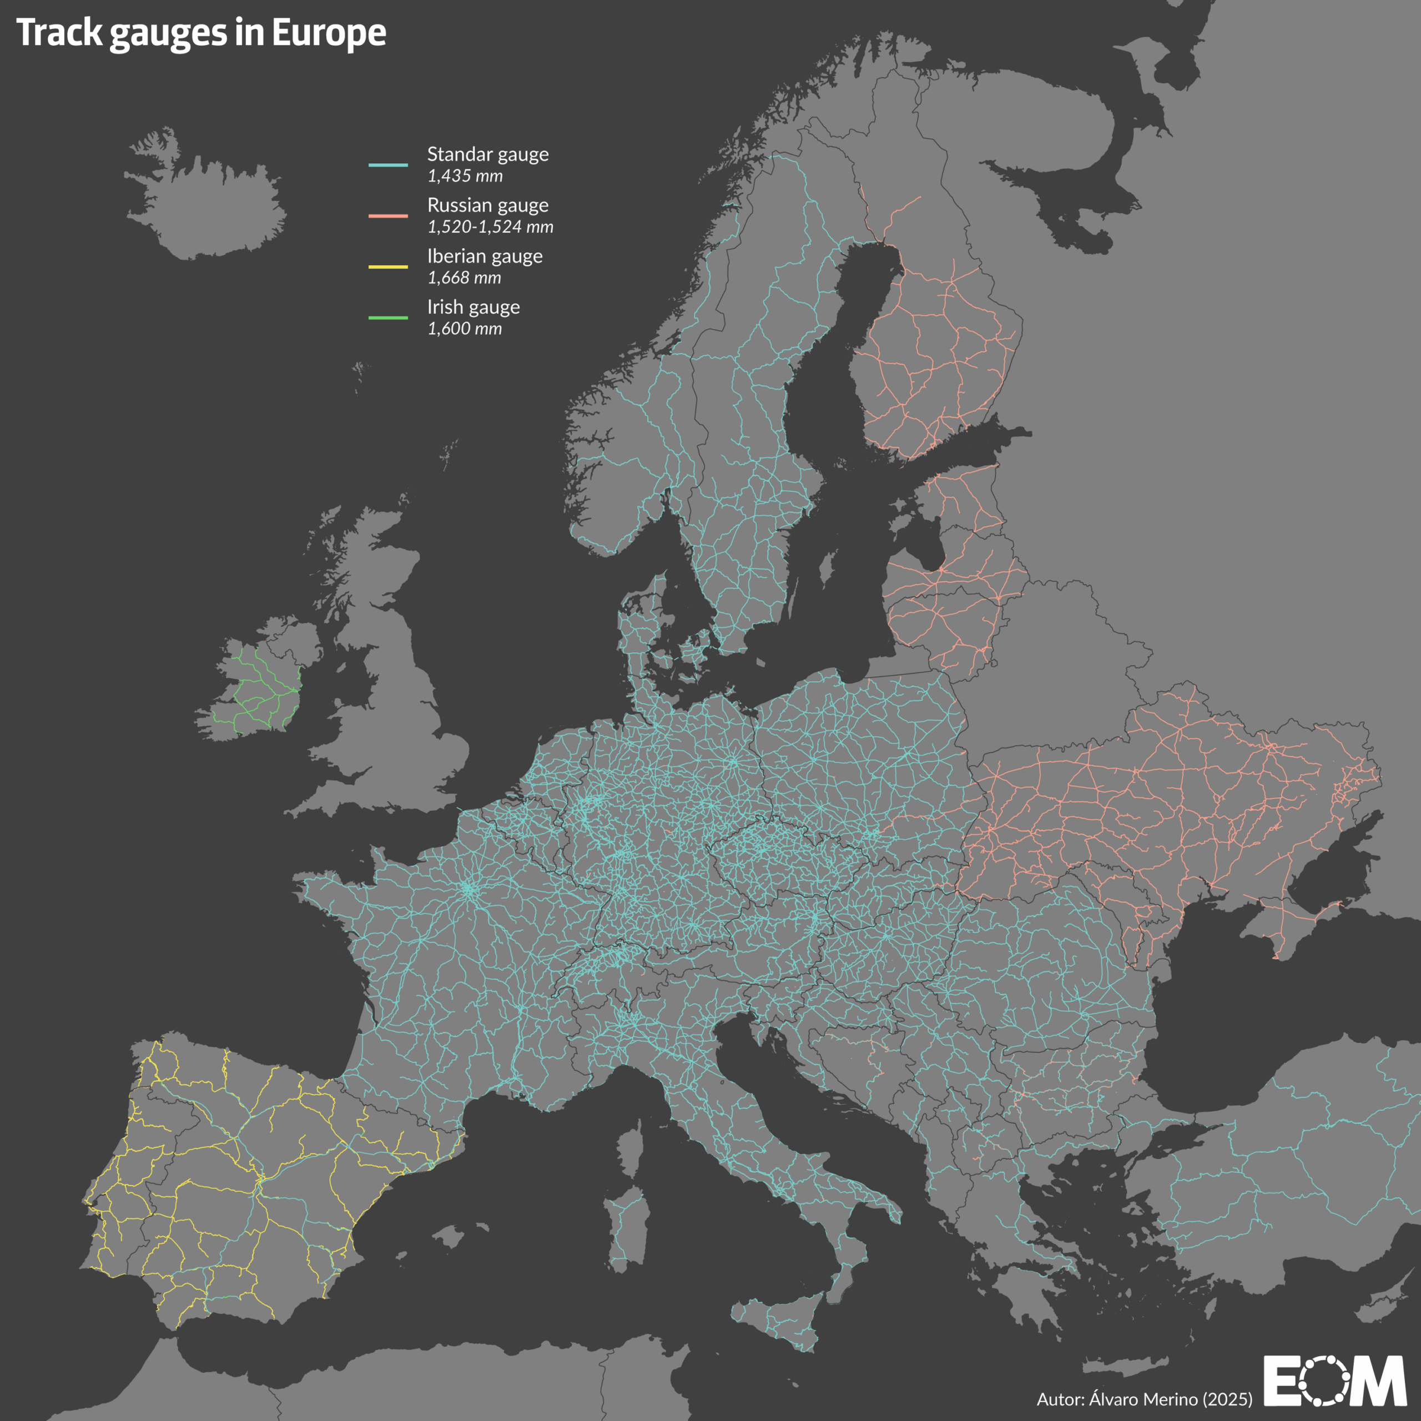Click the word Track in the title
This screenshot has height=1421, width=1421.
[x=59, y=33]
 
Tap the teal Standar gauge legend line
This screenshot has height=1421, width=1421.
[x=387, y=165]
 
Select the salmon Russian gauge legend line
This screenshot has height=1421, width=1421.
[x=387, y=215]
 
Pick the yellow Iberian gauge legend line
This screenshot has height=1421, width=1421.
[x=387, y=267]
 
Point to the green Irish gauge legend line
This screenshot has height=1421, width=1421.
[x=387, y=318]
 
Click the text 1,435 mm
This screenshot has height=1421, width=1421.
[x=465, y=177]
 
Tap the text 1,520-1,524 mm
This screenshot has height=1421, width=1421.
[x=490, y=227]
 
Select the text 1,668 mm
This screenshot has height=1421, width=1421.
[x=464, y=278]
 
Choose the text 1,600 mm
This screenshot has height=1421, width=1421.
[x=465, y=329]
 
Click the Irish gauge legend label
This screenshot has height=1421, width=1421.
[x=473, y=307]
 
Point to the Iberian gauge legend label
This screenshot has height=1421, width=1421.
[x=485, y=256]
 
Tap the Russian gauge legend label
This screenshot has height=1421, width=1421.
[x=488, y=205]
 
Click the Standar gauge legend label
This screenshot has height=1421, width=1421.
[x=488, y=154]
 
